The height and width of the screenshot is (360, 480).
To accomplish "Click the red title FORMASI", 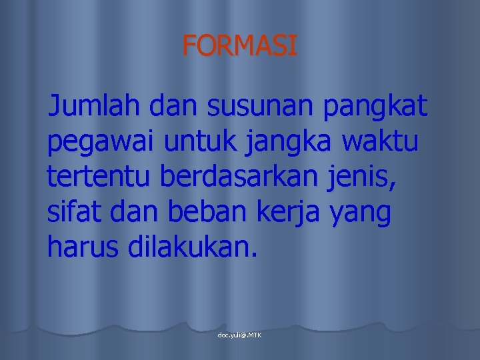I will pyautogui.click(x=240, y=46).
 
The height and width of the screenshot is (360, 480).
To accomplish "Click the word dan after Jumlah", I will pyautogui.click(x=175, y=105).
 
